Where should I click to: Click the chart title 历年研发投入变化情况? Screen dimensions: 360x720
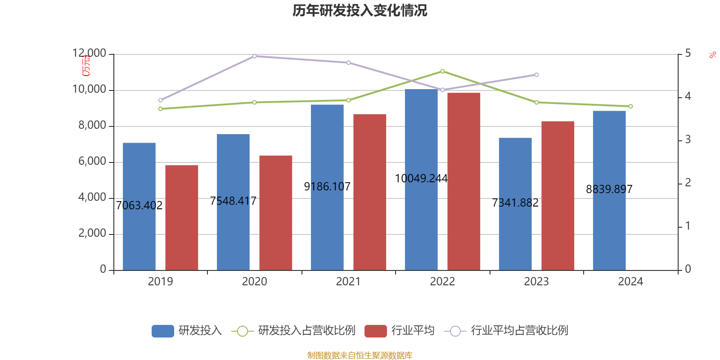coord(360,10)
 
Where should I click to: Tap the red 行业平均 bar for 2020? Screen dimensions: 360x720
coord(276,212)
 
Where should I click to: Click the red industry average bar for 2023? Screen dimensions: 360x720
coord(558,195)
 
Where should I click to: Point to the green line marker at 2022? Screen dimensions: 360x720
coord(442,71)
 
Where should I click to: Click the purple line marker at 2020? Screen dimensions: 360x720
coord(254,56)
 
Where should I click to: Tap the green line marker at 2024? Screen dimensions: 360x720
coord(630,106)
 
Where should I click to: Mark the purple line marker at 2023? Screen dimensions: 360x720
coord(536,75)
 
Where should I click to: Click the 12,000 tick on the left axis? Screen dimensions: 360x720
coord(89,54)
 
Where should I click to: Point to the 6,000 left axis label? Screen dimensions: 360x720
coord(92,162)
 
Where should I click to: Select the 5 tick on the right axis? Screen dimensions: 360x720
coord(688,54)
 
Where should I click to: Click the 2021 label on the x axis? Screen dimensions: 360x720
coord(348,282)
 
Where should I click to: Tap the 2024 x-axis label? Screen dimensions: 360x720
coord(630,282)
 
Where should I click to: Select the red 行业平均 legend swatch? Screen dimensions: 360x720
coord(376,331)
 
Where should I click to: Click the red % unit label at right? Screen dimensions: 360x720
coord(712,55)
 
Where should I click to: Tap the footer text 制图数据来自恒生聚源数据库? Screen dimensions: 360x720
coord(360,355)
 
